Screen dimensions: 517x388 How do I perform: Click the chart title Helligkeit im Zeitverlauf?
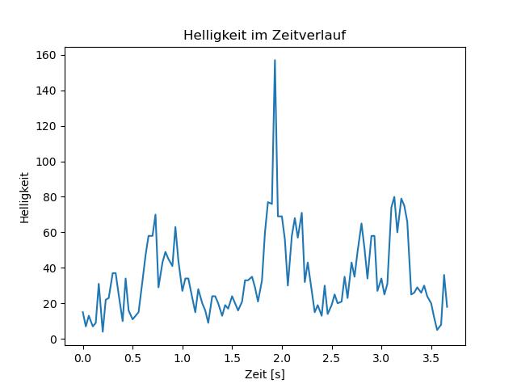tap(264, 35)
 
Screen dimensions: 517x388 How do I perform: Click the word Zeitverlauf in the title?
tap(309, 35)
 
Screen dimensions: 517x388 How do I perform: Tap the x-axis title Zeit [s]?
tap(265, 374)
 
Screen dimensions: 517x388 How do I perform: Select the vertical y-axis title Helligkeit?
tap(25, 197)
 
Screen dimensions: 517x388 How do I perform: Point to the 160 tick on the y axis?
tap(45, 55)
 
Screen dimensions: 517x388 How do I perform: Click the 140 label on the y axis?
tap(45, 91)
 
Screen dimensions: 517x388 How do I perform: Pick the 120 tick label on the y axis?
tap(45, 126)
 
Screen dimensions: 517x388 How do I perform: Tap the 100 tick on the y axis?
tap(45, 162)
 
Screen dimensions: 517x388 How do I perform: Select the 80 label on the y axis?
tap(49, 197)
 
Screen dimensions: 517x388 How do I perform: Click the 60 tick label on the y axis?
tap(49, 233)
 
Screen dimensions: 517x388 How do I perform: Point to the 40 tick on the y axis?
tap(49, 268)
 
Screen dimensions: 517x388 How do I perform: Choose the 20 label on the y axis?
tap(49, 304)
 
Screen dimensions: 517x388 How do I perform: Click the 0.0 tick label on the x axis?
tap(82, 358)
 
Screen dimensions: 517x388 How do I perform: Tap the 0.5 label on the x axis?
tap(132, 358)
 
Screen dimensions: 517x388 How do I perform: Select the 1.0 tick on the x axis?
tap(183, 358)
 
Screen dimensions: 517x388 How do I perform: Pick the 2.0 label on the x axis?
tap(282, 358)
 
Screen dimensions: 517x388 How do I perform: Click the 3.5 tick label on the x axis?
tap(431, 358)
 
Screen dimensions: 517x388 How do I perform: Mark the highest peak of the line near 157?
tap(275, 60)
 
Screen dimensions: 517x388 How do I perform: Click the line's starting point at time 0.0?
tap(82, 312)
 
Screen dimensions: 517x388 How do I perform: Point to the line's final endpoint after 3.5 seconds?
tap(447, 307)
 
